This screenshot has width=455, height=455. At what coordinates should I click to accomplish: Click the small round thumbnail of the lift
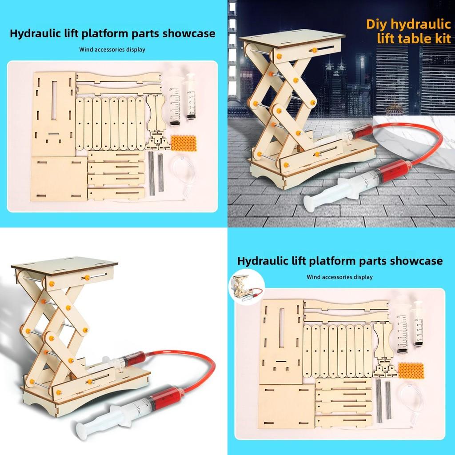point(246,289)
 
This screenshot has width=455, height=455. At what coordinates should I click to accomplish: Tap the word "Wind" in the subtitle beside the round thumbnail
point(314,277)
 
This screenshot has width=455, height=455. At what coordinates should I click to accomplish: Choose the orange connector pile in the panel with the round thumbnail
point(411,370)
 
